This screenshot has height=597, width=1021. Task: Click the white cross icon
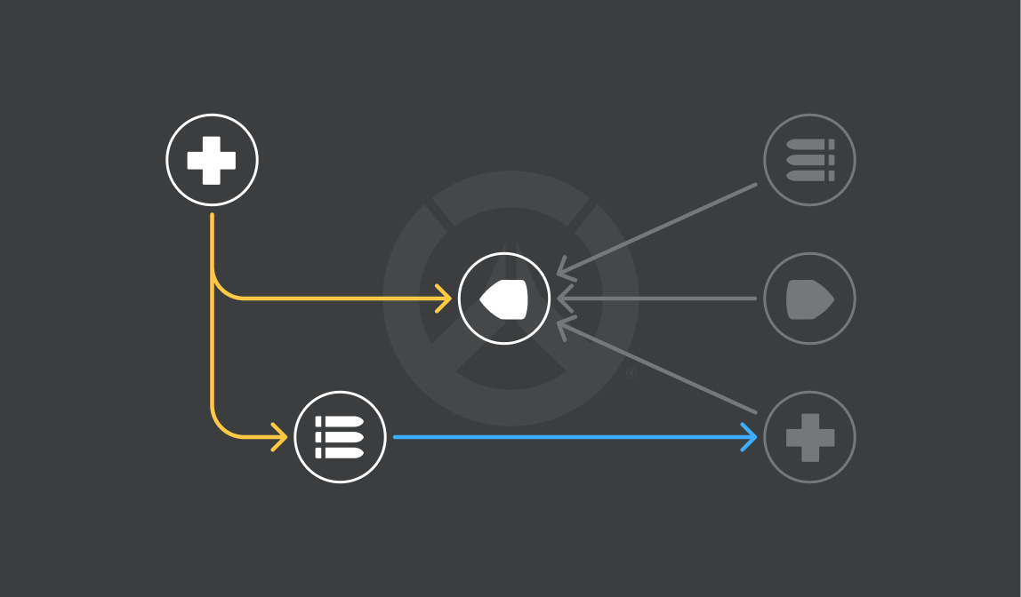212,160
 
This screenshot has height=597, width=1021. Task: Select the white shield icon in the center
504,298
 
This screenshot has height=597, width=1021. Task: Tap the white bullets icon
340,437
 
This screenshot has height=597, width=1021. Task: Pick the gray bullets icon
809,160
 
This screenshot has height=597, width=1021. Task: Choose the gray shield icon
809,298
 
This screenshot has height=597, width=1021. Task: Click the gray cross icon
809,437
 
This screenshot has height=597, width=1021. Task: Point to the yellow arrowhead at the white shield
446,298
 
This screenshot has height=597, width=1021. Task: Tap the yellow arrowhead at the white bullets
281,437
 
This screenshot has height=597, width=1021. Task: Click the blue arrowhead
751,437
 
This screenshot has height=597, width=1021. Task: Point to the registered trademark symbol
631,373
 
